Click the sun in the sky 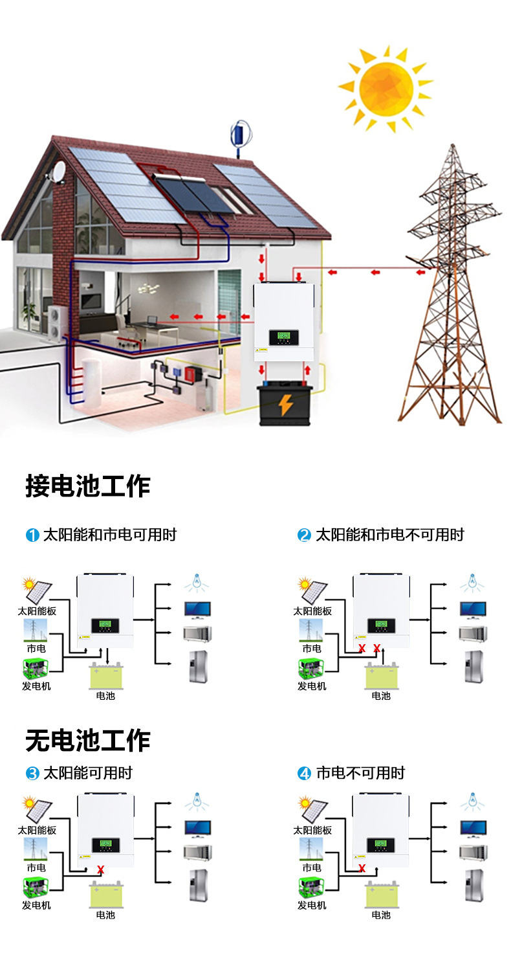(x=386, y=88)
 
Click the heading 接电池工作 (x=88, y=486)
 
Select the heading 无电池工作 (x=88, y=741)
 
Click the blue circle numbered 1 (x=32, y=535)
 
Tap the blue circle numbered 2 (x=304, y=535)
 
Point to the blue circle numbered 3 (x=32, y=773)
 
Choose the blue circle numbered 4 (x=304, y=773)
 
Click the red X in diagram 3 (x=101, y=869)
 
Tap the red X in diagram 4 (x=362, y=868)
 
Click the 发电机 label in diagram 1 (x=37, y=686)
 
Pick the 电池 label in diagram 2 (x=381, y=696)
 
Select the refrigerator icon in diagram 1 (x=198, y=666)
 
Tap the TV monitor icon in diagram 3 (x=198, y=828)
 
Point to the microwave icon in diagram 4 (x=473, y=852)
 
